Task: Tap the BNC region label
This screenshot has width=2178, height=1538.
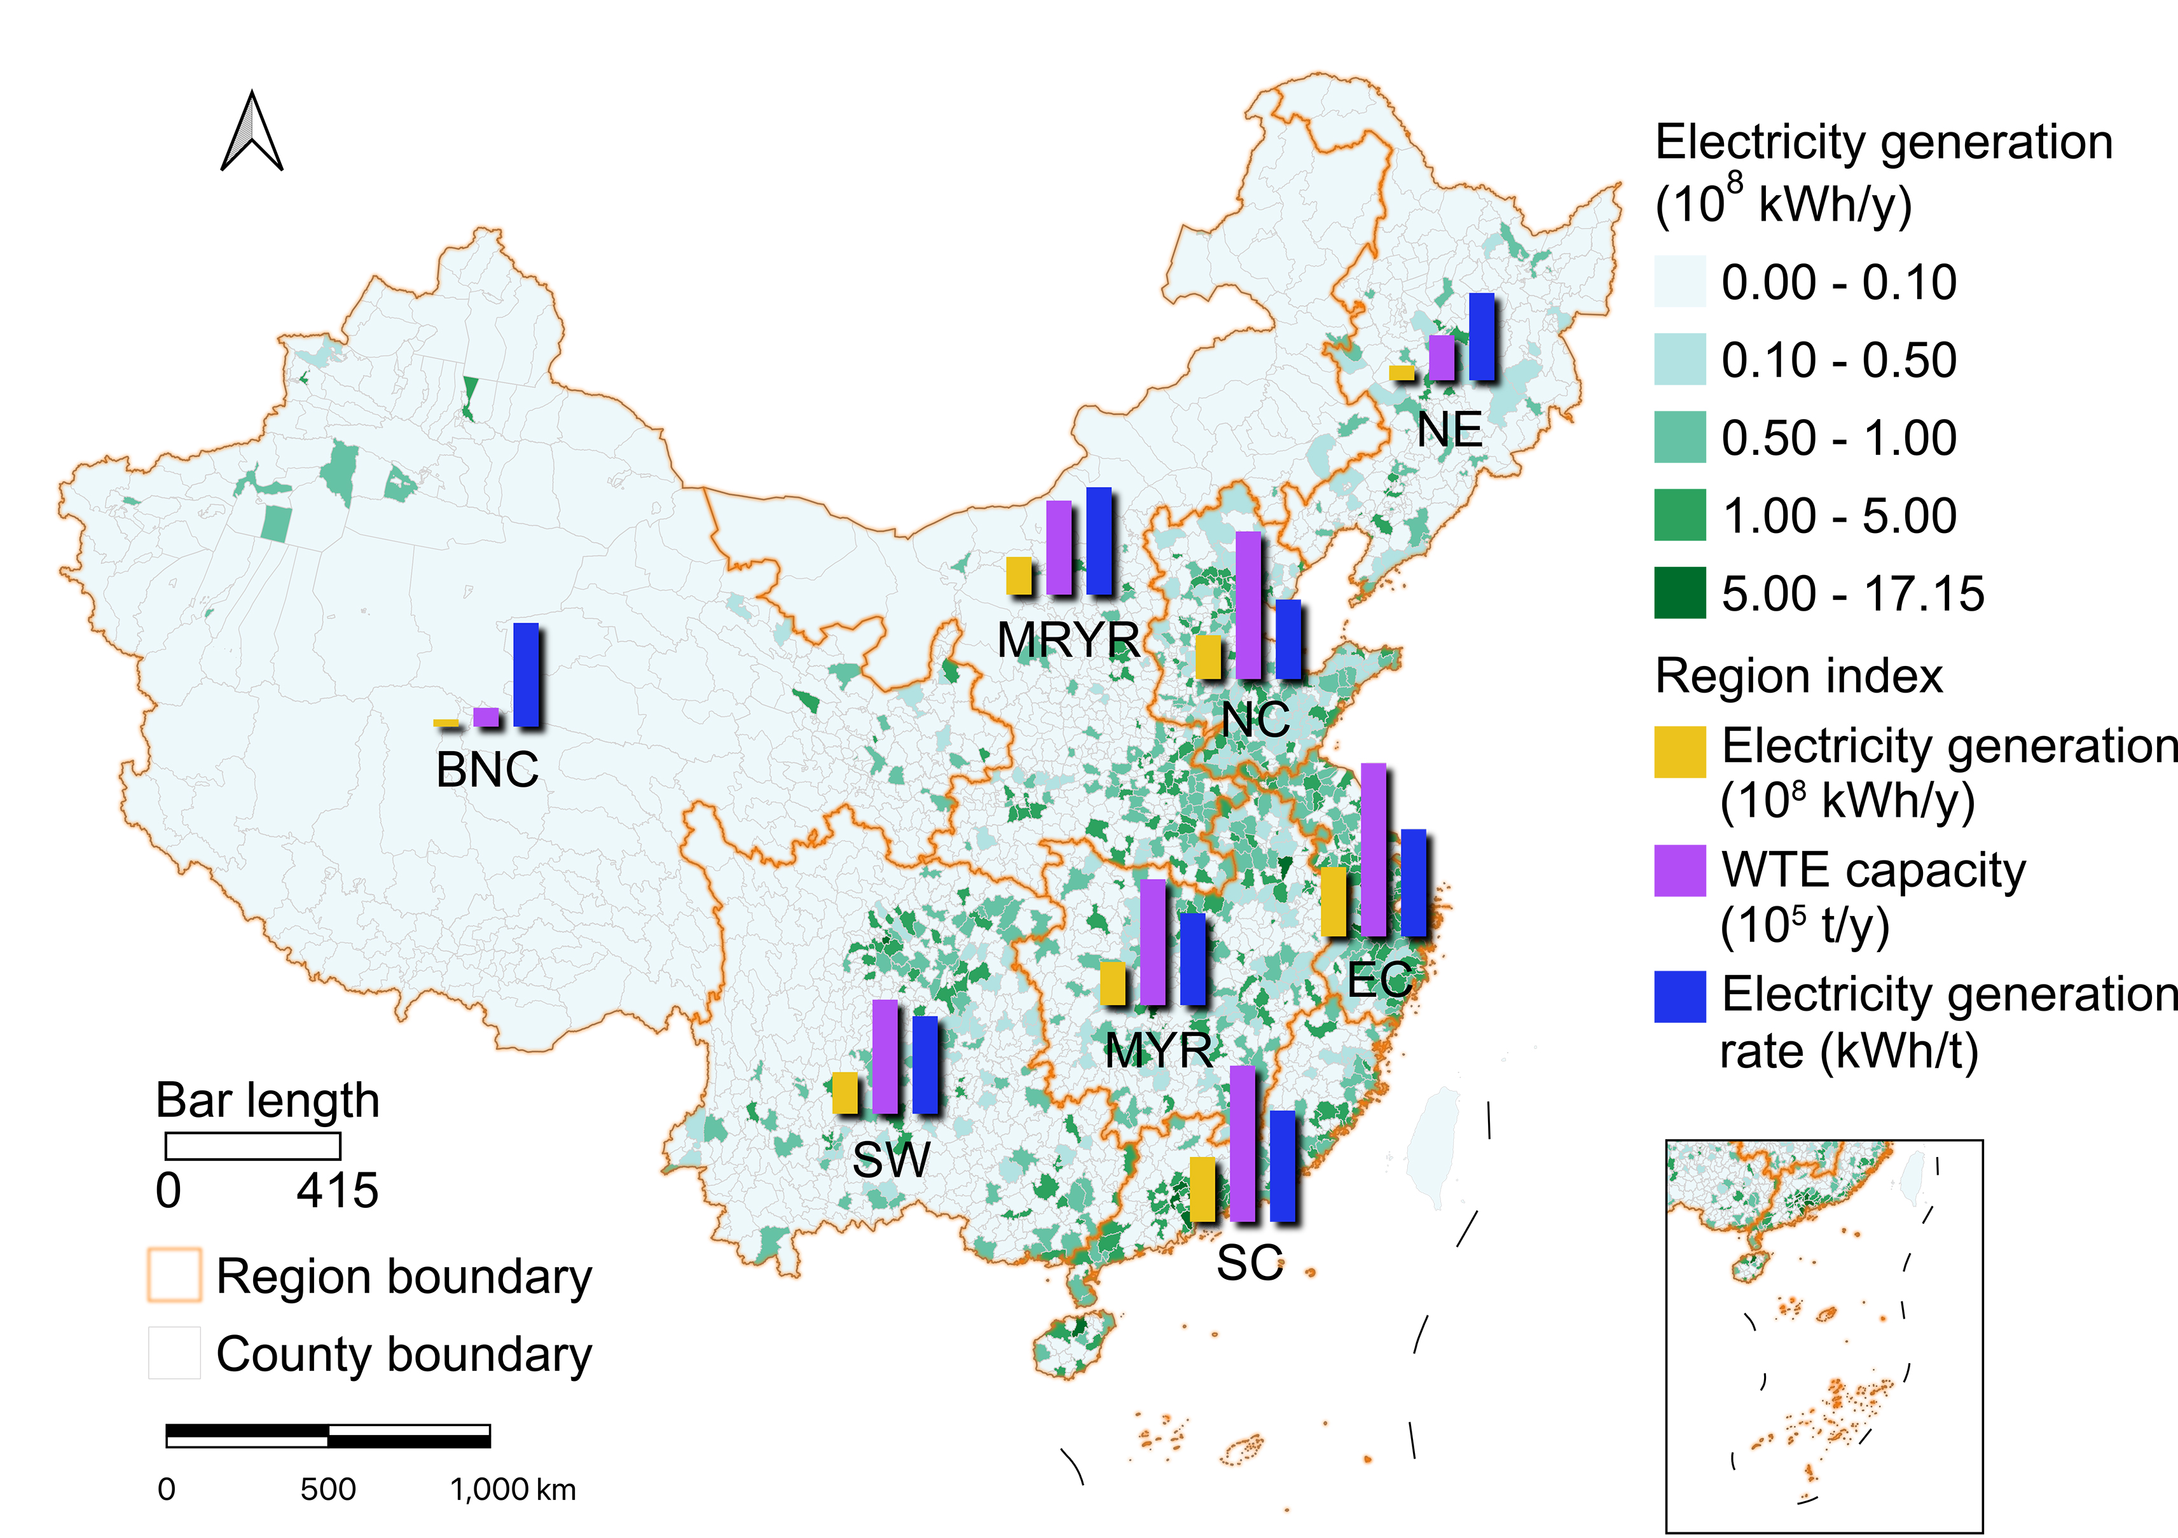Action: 486,770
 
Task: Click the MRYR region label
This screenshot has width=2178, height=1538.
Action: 1068,639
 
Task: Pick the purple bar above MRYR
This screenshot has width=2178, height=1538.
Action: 1059,548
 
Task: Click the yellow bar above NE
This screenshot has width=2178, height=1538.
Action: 1401,373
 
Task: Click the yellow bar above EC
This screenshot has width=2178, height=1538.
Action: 1333,901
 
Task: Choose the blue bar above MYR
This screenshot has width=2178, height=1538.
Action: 1192,959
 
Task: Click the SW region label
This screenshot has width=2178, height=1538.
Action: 891,1160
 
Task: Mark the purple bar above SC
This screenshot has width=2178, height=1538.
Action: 1242,1143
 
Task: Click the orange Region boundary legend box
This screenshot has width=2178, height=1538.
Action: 174,1274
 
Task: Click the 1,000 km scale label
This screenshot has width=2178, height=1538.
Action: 513,1490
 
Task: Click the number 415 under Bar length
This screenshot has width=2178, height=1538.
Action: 337,1191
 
